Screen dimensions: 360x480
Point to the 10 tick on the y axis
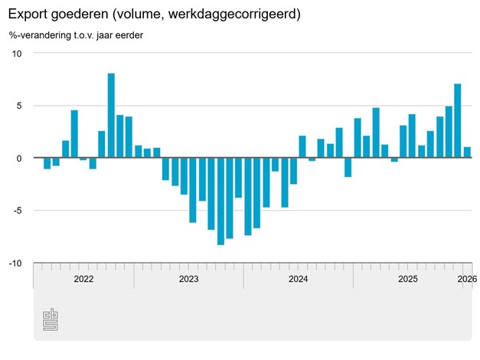tap(18, 53)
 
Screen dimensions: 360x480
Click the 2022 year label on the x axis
tap(83, 280)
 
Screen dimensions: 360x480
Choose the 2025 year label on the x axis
tap(407, 280)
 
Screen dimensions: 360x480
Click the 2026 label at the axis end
tap(466, 280)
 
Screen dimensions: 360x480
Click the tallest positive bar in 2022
tap(111, 115)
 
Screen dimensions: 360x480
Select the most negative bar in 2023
tap(220, 201)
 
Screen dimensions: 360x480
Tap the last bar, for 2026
tap(467, 152)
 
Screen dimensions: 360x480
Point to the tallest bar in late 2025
tap(458, 120)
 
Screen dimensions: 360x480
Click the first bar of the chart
tap(47, 163)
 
